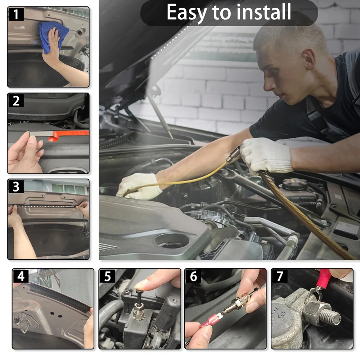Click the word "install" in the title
click(x=264, y=12)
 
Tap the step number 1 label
click(x=16, y=14)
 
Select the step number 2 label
click(x=16, y=100)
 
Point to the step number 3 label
click(x=16, y=186)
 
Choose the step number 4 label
click(x=21, y=276)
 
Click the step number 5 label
click(x=107, y=276)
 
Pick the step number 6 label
click(x=193, y=276)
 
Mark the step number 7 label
click(x=280, y=276)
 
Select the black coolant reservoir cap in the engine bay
click(x=294, y=184)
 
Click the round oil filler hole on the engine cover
click(x=172, y=241)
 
